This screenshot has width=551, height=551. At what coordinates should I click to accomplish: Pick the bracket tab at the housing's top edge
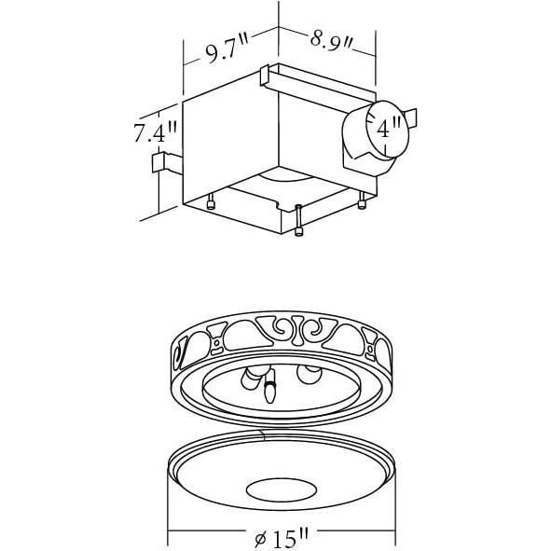tap(267, 77)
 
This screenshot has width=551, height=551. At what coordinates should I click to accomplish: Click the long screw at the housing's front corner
tap(297, 221)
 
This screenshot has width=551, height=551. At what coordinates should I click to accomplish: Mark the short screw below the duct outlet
tap(361, 200)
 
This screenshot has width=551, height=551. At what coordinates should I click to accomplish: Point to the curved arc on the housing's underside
tap(282, 177)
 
